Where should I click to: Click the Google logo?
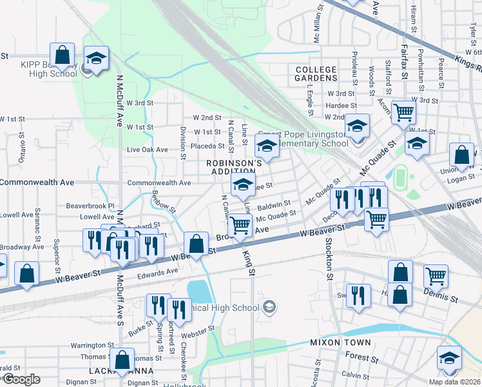click(21, 379)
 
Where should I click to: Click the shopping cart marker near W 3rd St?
click(403, 112)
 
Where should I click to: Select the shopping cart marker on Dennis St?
click(436, 277)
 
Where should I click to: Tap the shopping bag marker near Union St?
click(461, 155)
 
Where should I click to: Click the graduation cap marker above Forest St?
click(449, 359)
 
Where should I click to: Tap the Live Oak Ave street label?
click(148, 150)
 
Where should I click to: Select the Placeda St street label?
click(207, 146)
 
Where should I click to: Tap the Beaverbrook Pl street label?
click(90, 206)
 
